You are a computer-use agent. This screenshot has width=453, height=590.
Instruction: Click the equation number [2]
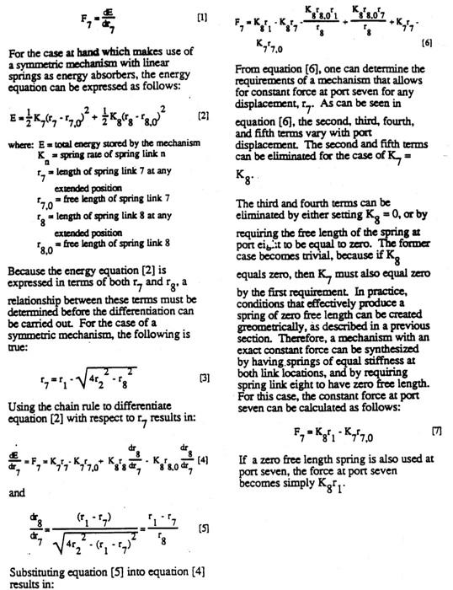point(203,114)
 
